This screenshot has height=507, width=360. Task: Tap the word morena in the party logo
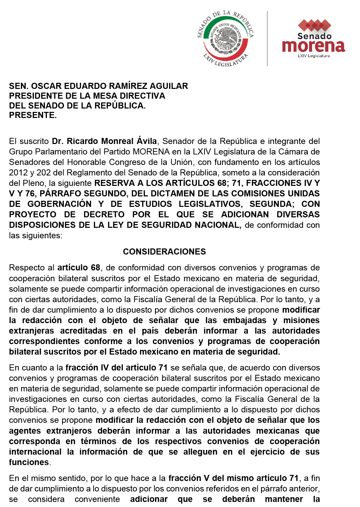tap(313, 46)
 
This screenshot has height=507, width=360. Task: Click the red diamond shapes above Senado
tap(314, 25)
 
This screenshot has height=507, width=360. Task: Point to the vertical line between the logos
tap(267, 39)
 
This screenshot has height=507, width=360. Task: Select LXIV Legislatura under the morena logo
tap(313, 56)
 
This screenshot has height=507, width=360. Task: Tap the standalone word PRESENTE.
tap(33, 115)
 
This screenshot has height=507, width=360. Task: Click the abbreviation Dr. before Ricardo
tap(58, 141)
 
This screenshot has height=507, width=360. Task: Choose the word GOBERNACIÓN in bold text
tap(59, 204)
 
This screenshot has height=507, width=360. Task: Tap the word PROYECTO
tap(32, 214)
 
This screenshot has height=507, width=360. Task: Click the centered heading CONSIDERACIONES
tap(164, 251)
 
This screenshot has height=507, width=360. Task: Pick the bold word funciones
tap(29, 462)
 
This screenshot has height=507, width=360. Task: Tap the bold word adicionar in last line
tap(149, 499)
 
